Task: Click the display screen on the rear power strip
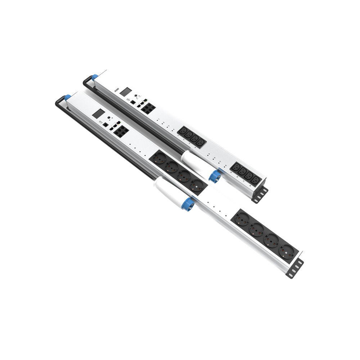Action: (125, 91)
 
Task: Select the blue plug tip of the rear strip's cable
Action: (215, 177)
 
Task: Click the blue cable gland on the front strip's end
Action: (67, 97)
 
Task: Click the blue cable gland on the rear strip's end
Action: (95, 77)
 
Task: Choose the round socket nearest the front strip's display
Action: (159, 158)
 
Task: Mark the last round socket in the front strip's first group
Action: (198, 186)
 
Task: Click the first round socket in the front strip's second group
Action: (241, 219)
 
